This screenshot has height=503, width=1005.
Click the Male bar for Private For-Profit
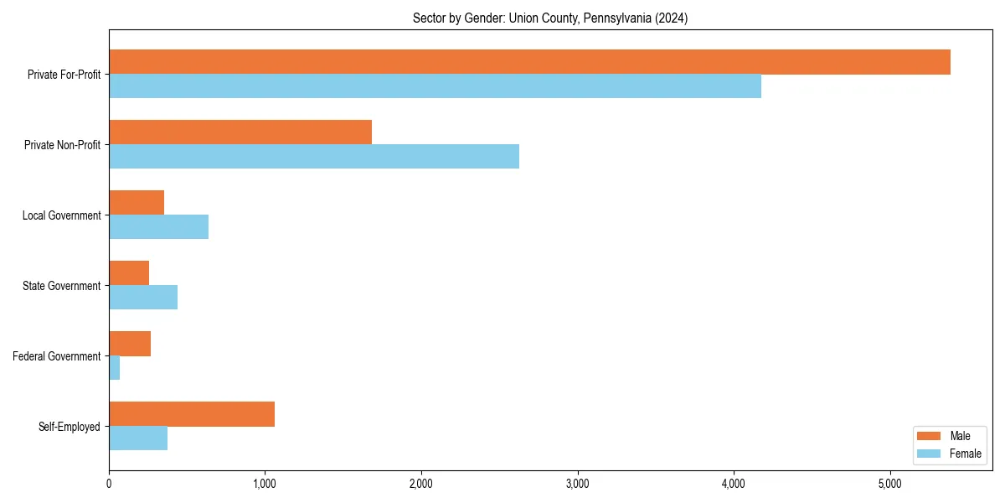point(529,62)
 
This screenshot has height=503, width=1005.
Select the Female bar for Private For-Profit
point(435,86)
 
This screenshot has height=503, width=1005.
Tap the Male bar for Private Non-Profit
point(240,132)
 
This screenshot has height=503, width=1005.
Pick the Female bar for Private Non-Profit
point(314,157)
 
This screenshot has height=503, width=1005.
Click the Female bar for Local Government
point(158,227)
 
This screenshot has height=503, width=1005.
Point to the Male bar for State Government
point(129,273)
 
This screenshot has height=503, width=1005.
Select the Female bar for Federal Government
point(115,368)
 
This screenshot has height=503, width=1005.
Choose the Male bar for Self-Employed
point(192,414)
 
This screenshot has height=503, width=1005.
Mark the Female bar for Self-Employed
point(138,438)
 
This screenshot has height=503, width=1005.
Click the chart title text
point(550,18)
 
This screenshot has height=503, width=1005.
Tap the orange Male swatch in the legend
point(929,436)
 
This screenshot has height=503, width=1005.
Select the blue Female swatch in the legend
point(929,454)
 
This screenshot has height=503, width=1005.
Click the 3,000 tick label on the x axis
point(577,483)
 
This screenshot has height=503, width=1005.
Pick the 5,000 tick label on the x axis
point(889,483)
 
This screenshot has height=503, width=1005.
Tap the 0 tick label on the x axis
point(109,483)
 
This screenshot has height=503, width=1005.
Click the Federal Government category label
point(57,356)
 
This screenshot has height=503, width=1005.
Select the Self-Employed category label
point(70,427)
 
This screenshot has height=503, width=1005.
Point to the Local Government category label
point(61,215)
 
